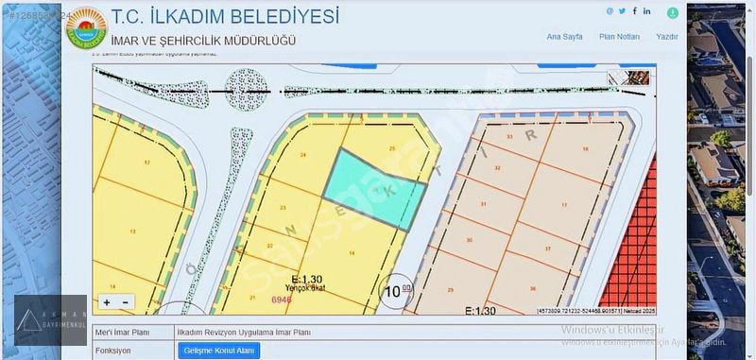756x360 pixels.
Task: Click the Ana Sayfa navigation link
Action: pyautogui.click(x=564, y=37)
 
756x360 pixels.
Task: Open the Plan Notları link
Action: pyautogui.click(x=619, y=37)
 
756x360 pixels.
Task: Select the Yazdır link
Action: pyautogui.click(x=667, y=37)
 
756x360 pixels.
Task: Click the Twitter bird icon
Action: pyautogui.click(x=623, y=11)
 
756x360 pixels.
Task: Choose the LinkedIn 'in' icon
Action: pyautogui.click(x=647, y=11)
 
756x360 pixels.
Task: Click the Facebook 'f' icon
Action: pyautogui.click(x=635, y=11)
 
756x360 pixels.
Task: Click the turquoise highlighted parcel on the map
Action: pyautogui.click(x=374, y=189)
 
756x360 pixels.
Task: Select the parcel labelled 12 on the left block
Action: pyautogui.click(x=146, y=163)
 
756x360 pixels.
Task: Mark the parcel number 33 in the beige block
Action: pyautogui.click(x=510, y=137)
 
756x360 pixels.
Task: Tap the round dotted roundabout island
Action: pyautogui.click(x=248, y=90)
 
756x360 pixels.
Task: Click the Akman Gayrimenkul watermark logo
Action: pyautogui.click(x=50, y=319)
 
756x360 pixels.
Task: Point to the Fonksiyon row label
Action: pyautogui.click(x=113, y=350)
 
